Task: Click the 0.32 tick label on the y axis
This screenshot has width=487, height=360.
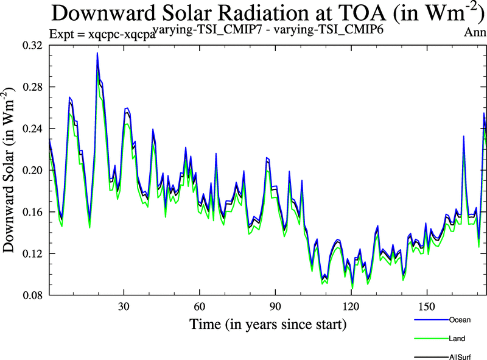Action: coord(32,46)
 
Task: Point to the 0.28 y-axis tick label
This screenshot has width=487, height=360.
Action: coord(32,87)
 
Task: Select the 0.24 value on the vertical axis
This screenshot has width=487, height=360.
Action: coord(32,129)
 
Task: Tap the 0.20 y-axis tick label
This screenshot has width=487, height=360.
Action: coord(32,171)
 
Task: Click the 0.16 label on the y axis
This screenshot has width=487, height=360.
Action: coord(32,212)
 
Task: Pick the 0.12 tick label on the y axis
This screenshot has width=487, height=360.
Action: coord(32,253)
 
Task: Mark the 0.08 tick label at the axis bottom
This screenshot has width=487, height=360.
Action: coord(32,295)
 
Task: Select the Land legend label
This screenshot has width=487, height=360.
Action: coord(457,337)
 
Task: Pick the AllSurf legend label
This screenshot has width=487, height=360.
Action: coord(460,356)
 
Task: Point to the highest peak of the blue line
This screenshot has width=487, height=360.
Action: coord(97,53)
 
